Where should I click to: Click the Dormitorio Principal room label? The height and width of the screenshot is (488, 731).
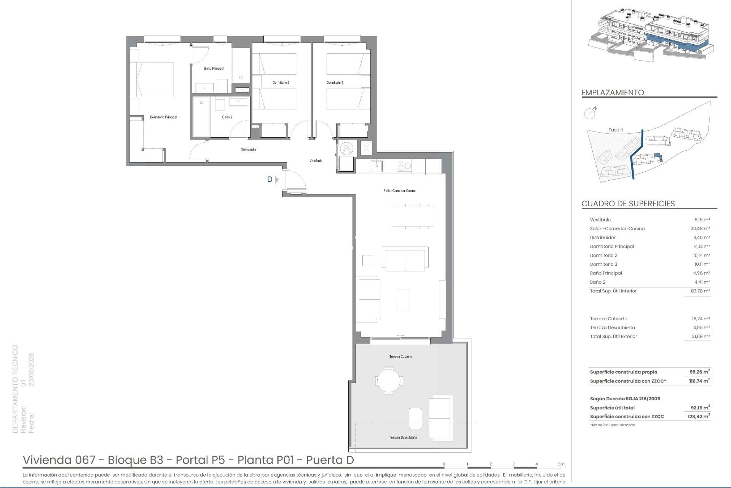pos(163,117)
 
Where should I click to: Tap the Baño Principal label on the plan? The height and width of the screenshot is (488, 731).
pos(214,69)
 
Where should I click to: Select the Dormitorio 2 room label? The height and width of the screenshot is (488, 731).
pos(281,83)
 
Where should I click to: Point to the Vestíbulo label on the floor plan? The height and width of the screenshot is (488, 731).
pos(316,161)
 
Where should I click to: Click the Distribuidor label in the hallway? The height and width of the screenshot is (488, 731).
pos(248,150)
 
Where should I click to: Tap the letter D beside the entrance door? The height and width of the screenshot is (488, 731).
pos(270,180)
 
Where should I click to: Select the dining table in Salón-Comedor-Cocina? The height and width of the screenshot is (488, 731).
pos(413,217)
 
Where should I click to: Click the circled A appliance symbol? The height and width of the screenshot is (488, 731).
pos(347,148)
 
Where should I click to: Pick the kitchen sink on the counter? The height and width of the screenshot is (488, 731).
pos(377,166)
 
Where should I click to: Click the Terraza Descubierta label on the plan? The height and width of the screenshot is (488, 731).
pos(403,437)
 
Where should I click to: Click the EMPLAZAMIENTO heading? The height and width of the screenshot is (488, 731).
pos(613,93)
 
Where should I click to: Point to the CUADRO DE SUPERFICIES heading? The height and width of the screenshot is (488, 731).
pos(628,204)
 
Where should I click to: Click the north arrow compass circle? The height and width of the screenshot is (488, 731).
pos(589,113)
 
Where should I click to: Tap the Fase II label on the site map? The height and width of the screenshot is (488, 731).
pos(615,130)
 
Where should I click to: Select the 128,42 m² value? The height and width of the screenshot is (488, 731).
pos(699,417)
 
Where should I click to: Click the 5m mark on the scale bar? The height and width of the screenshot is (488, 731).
pos(561,464)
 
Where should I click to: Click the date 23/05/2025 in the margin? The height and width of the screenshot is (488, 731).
pos(32,369)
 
